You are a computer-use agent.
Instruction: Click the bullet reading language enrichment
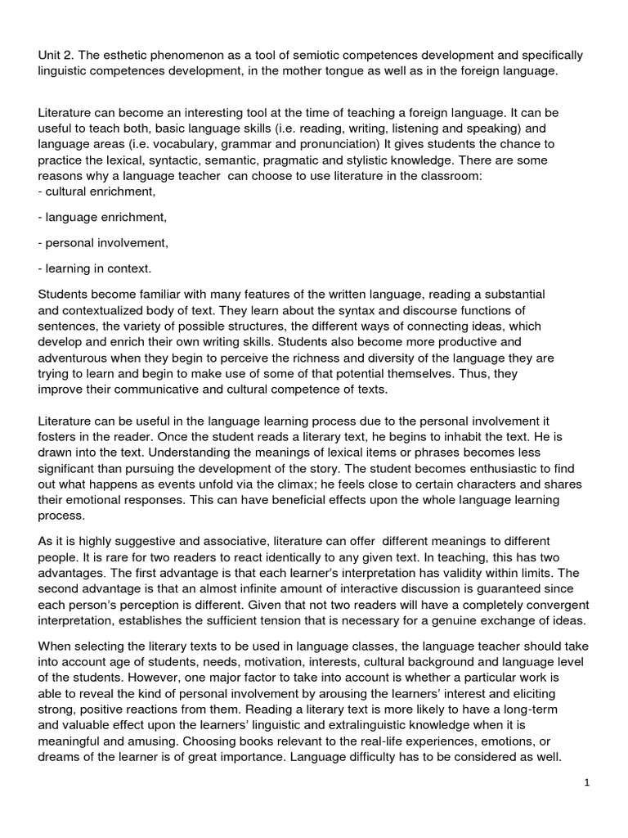pos(102,217)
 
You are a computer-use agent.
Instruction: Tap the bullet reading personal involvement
pos(103,243)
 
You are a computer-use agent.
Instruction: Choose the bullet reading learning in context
pos(95,268)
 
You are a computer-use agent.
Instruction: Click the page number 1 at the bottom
pos(587,782)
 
